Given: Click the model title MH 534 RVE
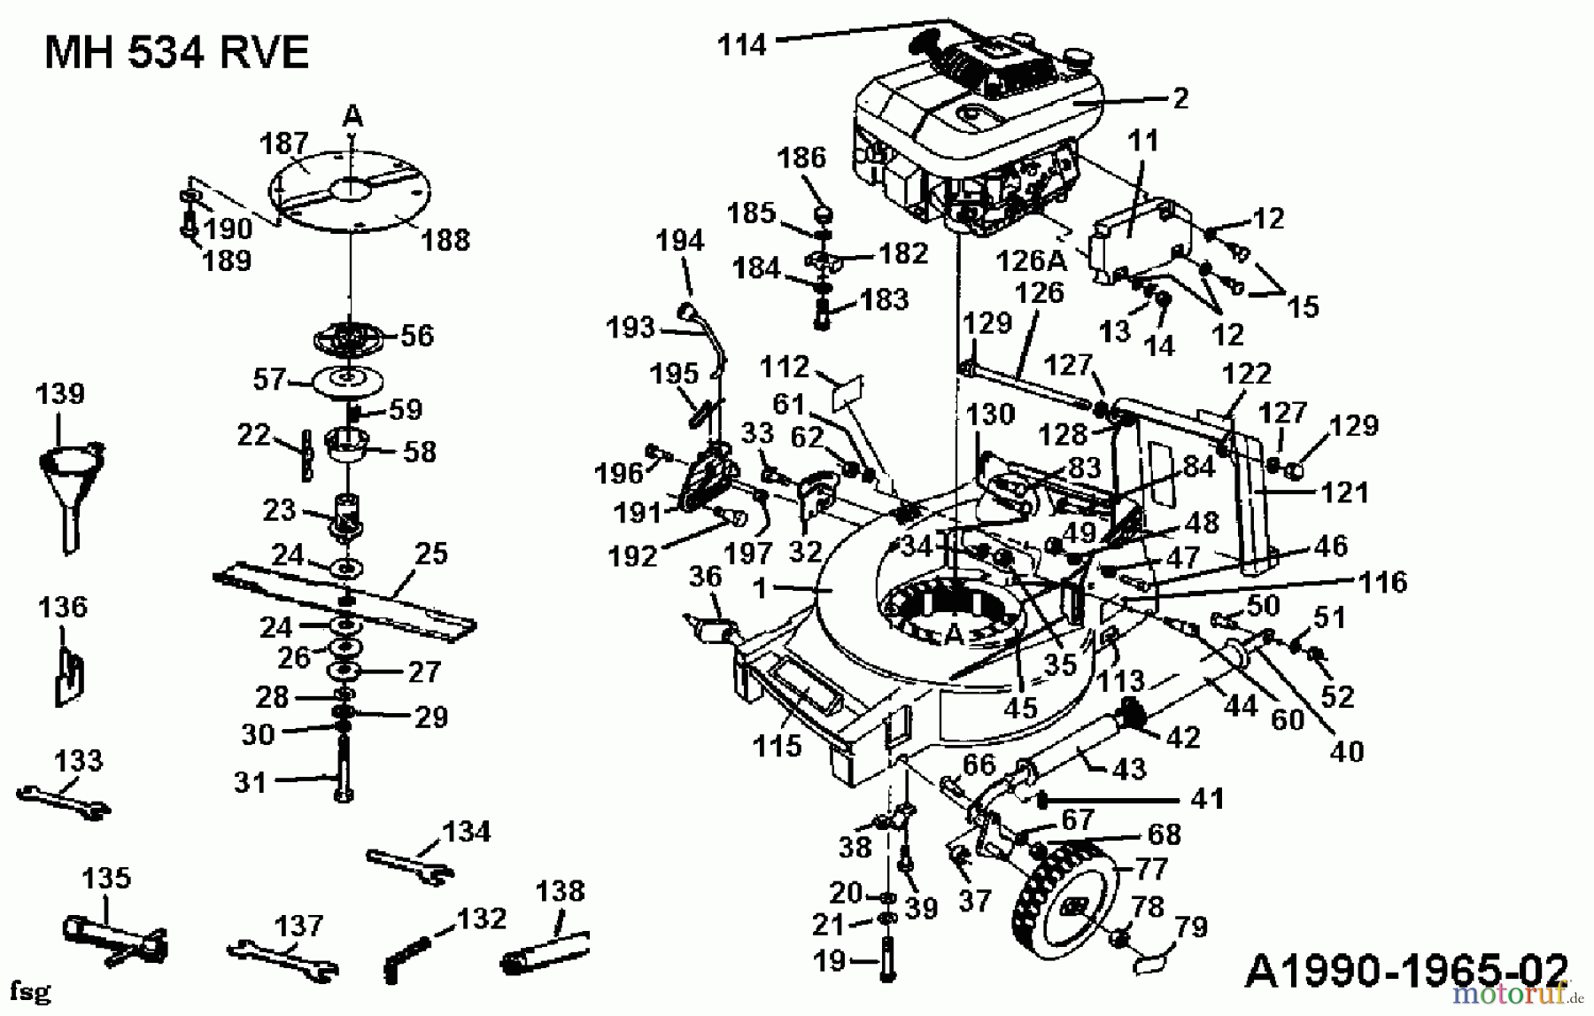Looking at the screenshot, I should click(x=176, y=54).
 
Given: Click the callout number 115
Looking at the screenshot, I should click(x=777, y=746).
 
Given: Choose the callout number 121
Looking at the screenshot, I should click(x=1344, y=492).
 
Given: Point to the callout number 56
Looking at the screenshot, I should click(x=417, y=336).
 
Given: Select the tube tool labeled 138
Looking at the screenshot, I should click(x=545, y=952).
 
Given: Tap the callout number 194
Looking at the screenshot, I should click(x=680, y=241).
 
